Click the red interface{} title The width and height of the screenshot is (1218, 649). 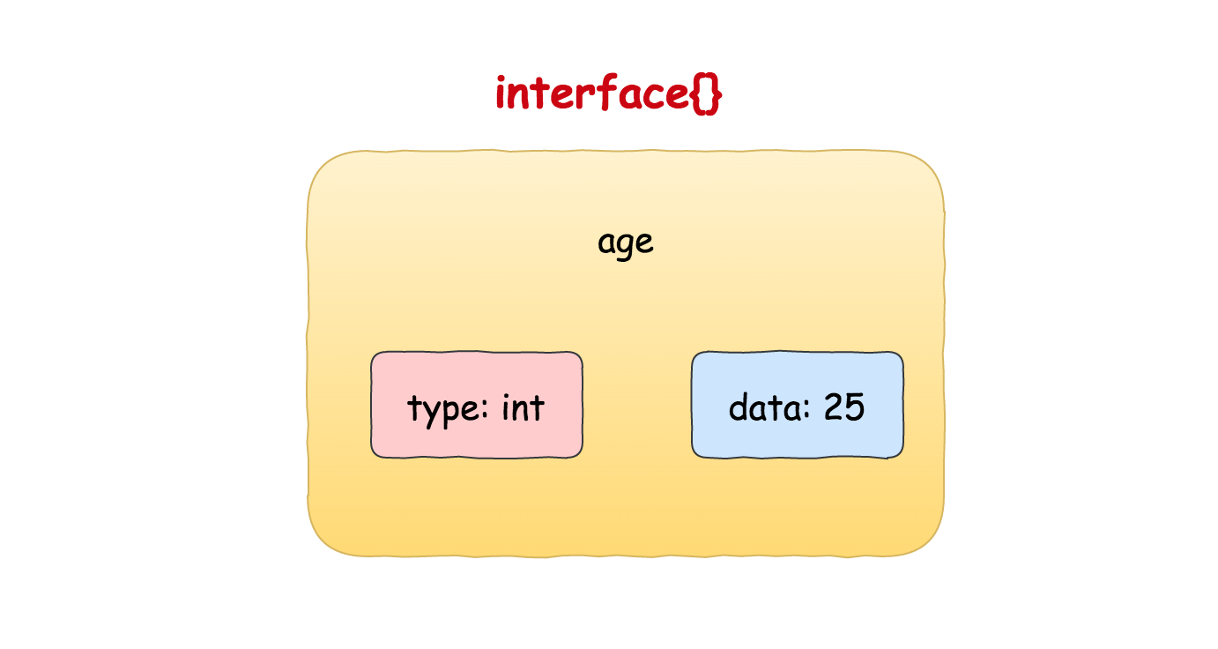coord(608,93)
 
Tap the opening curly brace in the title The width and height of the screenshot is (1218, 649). coord(698,94)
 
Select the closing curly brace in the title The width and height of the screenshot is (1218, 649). coord(714,94)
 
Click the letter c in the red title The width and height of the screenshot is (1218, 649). coord(655,96)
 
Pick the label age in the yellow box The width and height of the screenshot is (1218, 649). coord(626,243)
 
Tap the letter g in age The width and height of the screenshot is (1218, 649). coord(626,247)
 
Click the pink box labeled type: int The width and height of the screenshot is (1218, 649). coord(476,405)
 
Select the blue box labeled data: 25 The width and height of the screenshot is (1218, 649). coord(797,405)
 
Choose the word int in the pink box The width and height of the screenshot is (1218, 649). coord(523,407)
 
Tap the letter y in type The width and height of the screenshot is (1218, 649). coord(430,414)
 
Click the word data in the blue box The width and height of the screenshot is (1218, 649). coord(764,407)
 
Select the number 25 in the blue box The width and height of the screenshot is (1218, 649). coord(844,407)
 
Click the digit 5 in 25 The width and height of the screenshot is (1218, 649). coord(855,407)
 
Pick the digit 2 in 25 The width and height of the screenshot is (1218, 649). coord(834,407)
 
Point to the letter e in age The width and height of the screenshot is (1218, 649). coord(645,243)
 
